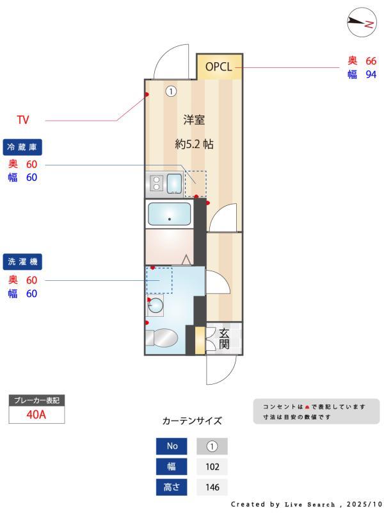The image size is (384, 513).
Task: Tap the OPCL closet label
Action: pyautogui.click(x=219, y=66)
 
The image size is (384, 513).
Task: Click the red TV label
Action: pyautogui.click(x=23, y=120)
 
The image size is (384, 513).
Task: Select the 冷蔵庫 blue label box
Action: pyautogui.click(x=23, y=147)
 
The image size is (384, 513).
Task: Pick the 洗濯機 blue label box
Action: pyautogui.click(x=23, y=262)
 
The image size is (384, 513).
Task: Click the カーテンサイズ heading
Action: pyautogui.click(x=192, y=421)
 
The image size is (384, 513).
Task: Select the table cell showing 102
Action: pyautogui.click(x=212, y=467)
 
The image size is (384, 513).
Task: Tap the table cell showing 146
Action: pyautogui.click(x=212, y=487)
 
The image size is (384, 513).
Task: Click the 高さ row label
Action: pyautogui.click(x=172, y=487)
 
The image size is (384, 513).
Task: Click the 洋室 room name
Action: pyautogui.click(x=194, y=120)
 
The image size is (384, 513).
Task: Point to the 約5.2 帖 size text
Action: pyautogui.click(x=194, y=144)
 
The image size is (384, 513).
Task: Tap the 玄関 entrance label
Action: pyautogui.click(x=225, y=339)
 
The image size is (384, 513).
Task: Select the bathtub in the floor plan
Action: pyautogui.click(x=169, y=214)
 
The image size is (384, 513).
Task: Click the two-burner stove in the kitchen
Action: pyautogui.click(x=156, y=183)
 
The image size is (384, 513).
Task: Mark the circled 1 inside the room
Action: pyautogui.click(x=171, y=91)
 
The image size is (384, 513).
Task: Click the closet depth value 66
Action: pyautogui.click(x=370, y=61)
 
